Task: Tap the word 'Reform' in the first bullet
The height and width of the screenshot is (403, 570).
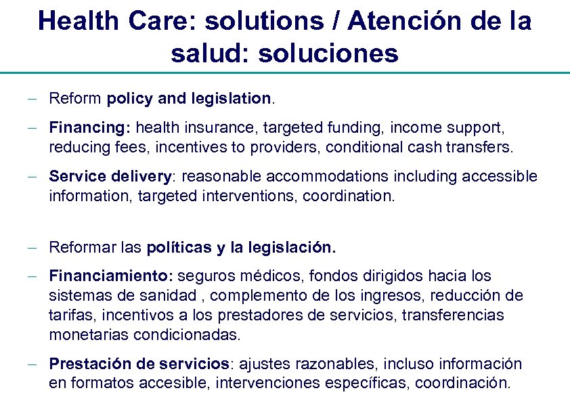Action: (x=75, y=99)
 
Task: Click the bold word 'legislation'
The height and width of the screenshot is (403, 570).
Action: (x=231, y=99)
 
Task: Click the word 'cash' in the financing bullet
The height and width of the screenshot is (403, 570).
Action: (x=425, y=147)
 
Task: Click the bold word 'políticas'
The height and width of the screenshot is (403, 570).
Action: (x=179, y=248)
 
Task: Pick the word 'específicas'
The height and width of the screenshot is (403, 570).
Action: (x=367, y=383)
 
